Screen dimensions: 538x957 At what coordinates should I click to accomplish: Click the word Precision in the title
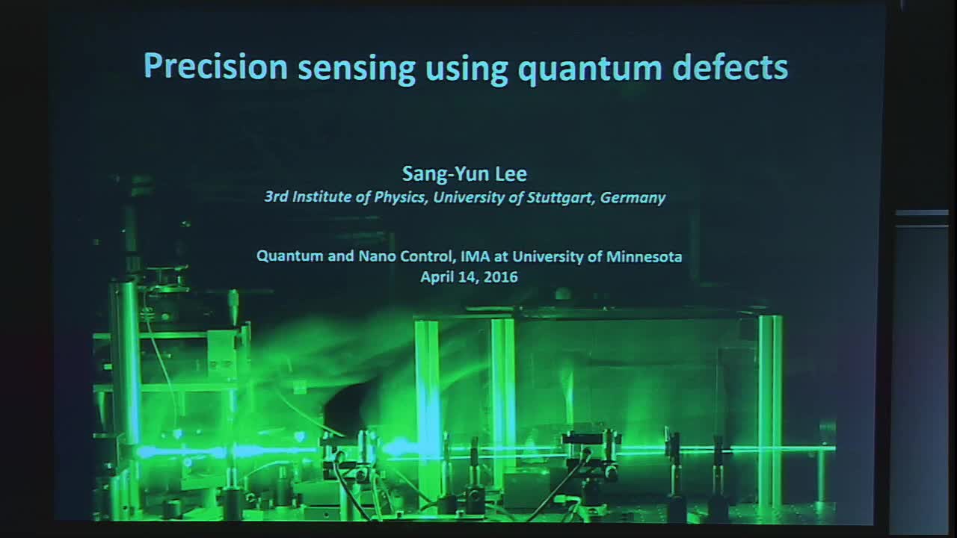pos(215,67)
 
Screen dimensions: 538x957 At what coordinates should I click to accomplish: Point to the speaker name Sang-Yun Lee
pos(464,174)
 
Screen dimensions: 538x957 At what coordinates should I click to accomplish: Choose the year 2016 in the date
pos(501,276)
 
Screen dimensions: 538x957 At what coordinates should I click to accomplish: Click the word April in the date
pos(438,277)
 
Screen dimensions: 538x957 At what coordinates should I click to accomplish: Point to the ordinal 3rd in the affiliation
pos(277,198)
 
